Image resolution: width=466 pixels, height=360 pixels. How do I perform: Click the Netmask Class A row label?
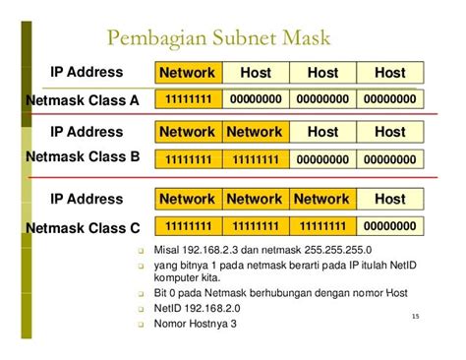83,100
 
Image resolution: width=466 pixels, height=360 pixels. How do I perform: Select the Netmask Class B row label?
83,156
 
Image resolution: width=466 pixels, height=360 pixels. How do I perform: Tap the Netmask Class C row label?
83,227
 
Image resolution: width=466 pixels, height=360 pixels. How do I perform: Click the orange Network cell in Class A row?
187,73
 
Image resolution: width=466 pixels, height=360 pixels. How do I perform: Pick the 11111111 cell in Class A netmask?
187,99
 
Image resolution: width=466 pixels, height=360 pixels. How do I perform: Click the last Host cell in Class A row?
390,73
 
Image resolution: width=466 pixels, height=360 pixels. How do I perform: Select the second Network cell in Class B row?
255,132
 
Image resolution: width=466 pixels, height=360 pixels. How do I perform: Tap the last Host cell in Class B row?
390,132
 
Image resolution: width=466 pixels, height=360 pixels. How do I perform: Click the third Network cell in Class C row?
322,199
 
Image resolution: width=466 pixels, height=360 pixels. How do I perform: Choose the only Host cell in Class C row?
390,199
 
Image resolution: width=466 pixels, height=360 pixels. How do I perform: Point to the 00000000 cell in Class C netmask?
390,225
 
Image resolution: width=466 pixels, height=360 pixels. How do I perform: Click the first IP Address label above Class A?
87,73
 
